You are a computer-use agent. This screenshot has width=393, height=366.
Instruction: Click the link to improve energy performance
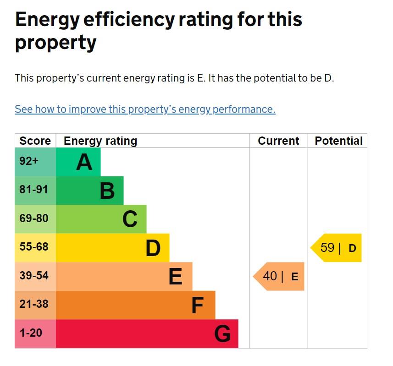tap(145, 109)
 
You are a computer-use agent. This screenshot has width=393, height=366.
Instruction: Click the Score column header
tap(35, 141)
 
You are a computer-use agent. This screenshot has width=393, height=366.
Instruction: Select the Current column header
tap(278, 141)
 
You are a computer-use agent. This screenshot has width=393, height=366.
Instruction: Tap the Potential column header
tap(338, 141)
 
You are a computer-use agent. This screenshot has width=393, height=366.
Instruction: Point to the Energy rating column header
tap(100, 141)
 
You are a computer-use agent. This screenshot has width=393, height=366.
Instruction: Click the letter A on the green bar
tap(84, 162)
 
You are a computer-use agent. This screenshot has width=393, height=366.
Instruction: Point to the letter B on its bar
tap(107, 191)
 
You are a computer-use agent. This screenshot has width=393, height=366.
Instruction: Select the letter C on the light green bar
tap(130, 219)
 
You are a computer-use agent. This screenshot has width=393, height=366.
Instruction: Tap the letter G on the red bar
tap(222, 334)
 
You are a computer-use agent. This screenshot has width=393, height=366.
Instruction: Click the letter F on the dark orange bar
tap(197, 306)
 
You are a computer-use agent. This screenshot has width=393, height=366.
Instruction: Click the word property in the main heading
tap(55, 43)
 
